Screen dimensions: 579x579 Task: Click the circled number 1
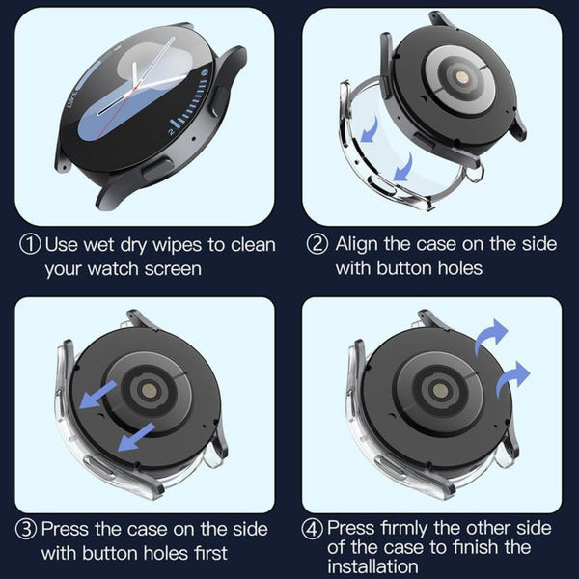pos(29,243)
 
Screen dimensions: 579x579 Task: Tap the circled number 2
pos(318,243)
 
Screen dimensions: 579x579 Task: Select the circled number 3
pos(29,530)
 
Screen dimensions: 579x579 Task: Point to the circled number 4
pos(315,528)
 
